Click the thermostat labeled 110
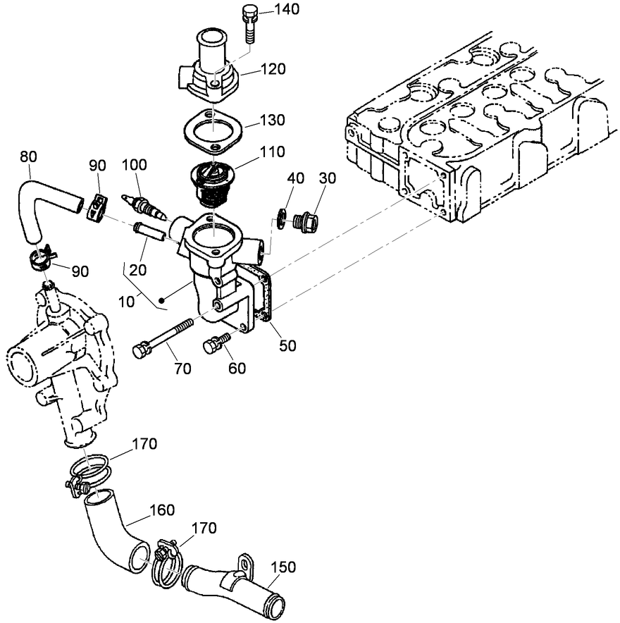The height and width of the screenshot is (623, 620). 213,181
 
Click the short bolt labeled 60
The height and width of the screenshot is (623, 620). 216,343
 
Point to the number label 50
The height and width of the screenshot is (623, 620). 287,345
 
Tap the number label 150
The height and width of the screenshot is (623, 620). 282,567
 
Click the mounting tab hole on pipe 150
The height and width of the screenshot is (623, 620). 245,562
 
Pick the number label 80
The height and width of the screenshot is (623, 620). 29,156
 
